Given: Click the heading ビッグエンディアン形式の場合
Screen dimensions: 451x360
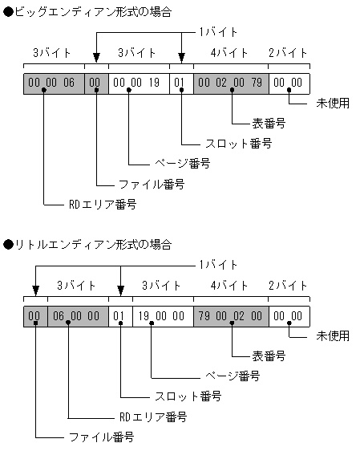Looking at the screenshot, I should tap(88, 12).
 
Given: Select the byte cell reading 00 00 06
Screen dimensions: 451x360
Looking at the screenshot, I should tap(54, 83).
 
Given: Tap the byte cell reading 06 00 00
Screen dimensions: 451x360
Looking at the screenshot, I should tap(78, 315).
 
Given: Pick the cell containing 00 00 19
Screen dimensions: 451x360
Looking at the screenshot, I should tap(138, 83).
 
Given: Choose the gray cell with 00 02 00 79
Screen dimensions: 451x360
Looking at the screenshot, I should tap(230, 83).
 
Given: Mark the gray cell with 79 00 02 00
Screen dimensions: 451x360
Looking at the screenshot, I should tap(230, 315).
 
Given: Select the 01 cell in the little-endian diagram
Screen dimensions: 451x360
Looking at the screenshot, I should tap(119, 315).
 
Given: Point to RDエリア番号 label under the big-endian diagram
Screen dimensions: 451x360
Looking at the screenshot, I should tap(102, 205).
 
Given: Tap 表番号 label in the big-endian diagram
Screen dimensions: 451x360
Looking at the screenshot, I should tap(270, 124).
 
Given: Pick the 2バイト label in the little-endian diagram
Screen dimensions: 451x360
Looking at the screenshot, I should tap(289, 285).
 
